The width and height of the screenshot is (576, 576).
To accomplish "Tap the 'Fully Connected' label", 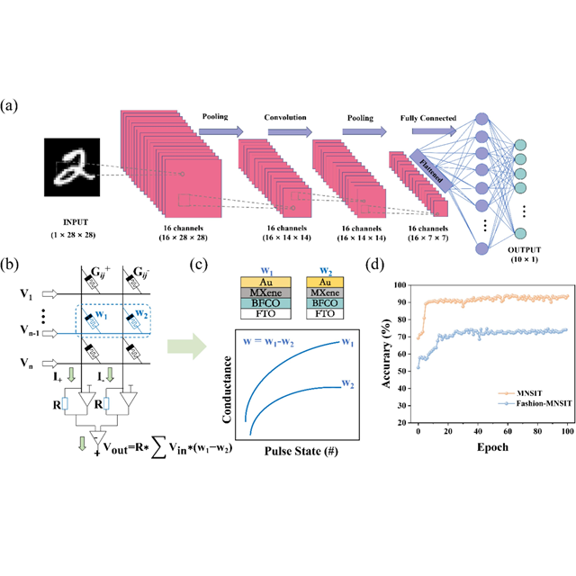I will pyautogui.click(x=430, y=118).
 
